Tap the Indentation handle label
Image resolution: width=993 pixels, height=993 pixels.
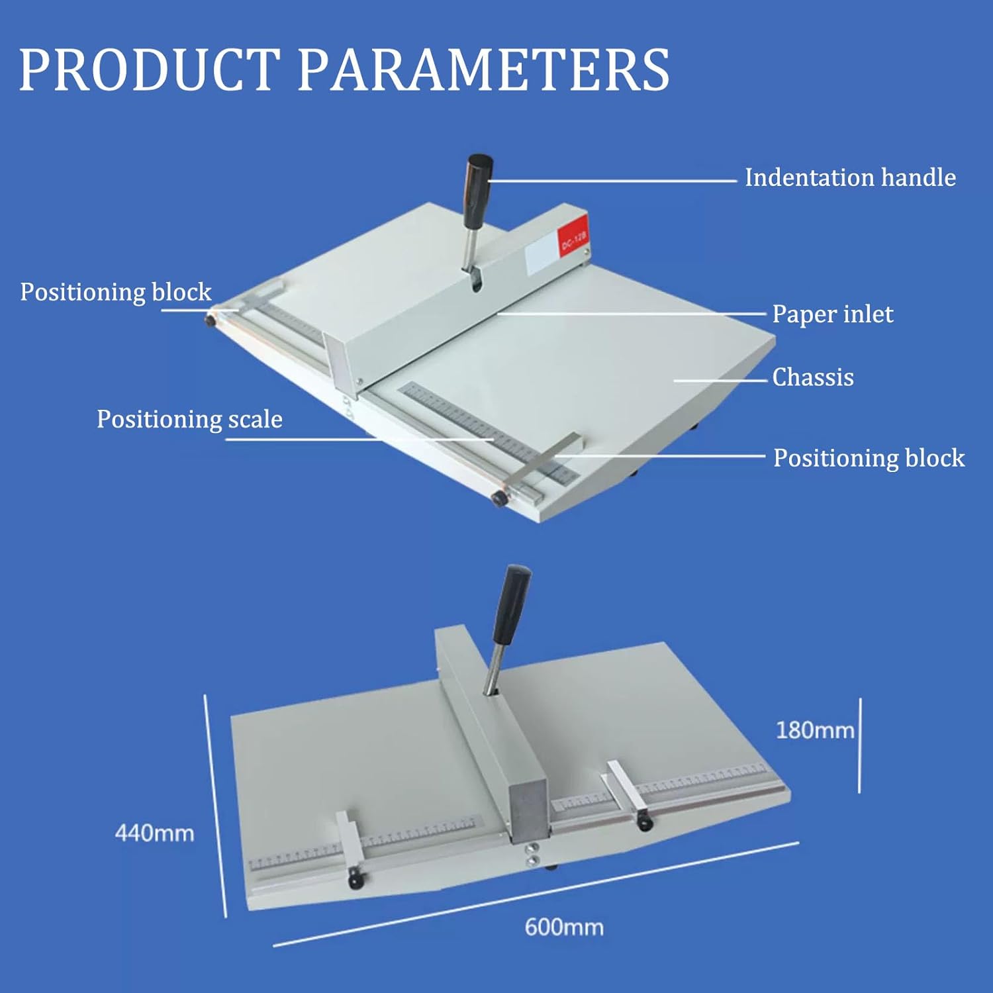click(x=850, y=177)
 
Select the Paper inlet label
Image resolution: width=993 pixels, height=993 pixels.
click(x=832, y=314)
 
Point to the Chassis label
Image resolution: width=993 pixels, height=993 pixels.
click(x=812, y=377)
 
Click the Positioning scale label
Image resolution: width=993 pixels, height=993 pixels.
click(x=189, y=419)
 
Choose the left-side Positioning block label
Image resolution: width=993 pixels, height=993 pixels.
click(x=115, y=292)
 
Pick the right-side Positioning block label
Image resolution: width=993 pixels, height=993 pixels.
click(x=869, y=458)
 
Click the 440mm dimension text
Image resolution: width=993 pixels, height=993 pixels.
click(x=154, y=833)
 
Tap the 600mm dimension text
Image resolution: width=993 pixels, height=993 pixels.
click(x=564, y=927)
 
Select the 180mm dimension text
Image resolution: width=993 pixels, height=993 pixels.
click(x=815, y=730)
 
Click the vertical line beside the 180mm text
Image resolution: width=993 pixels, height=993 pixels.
click(x=860, y=745)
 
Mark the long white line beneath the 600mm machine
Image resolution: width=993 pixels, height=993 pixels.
click(x=536, y=894)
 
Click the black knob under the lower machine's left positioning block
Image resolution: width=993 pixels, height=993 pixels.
click(x=356, y=880)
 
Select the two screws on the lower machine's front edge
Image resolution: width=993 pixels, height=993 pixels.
click(x=532, y=853)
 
